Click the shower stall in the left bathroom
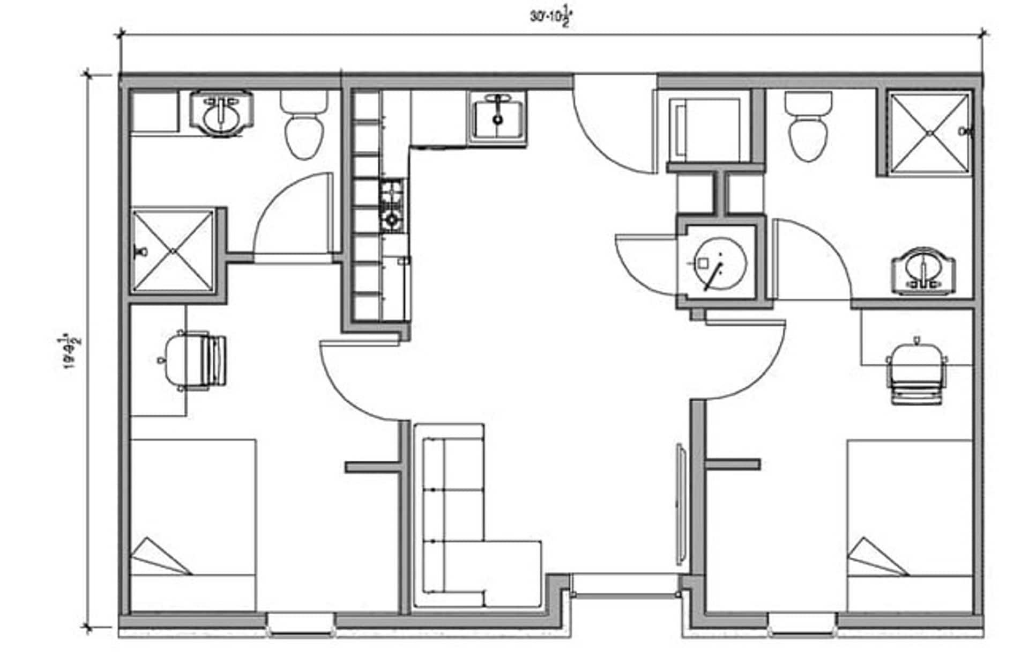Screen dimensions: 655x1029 click(x=173, y=251)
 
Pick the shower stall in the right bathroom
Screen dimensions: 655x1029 click(x=929, y=133)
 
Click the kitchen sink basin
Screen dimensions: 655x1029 click(x=498, y=117)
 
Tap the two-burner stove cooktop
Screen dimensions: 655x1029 click(x=392, y=206)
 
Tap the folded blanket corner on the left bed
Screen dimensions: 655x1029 click(x=158, y=558)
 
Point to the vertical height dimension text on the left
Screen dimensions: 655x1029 click(x=71, y=351)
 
